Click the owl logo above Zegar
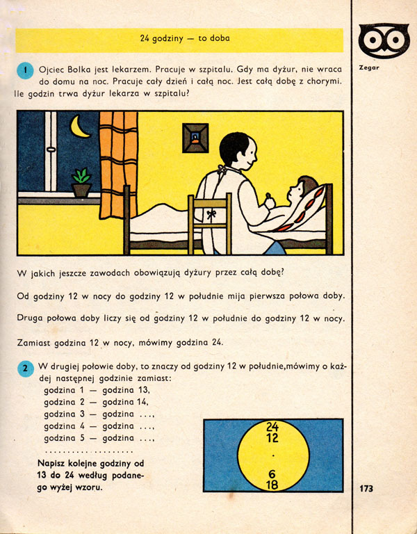point(380,41)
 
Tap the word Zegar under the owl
point(371,68)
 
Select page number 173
point(366,488)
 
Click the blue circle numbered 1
point(25,70)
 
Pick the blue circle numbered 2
point(25,369)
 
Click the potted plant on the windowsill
point(81,182)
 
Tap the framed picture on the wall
point(195,137)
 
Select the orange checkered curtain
point(118,159)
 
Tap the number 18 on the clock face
point(272,485)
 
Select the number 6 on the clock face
point(272,474)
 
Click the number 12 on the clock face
point(272,437)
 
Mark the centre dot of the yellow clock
point(273,455)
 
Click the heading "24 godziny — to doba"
point(179,40)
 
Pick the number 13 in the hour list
point(142,390)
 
